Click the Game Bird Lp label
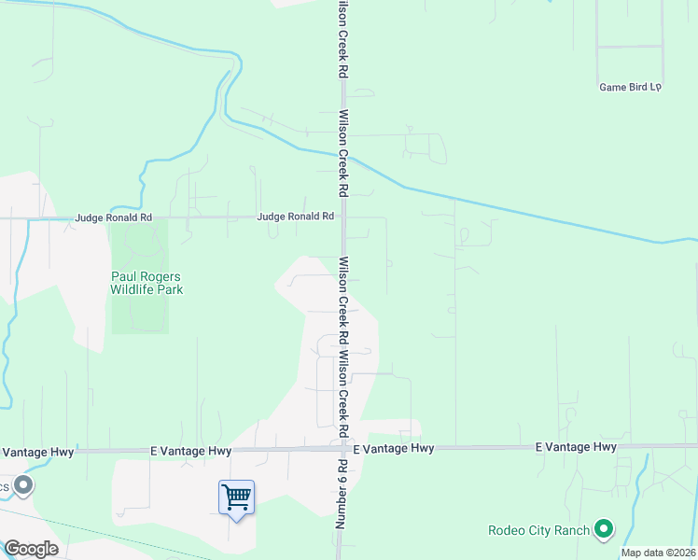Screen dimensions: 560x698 click(x=630, y=87)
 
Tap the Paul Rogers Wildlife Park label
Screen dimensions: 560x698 click(x=147, y=283)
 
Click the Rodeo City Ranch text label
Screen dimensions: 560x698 click(x=539, y=531)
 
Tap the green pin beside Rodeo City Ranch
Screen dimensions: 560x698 click(x=604, y=530)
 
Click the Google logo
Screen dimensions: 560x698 click(x=31, y=549)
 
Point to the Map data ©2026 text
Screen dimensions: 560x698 click(x=657, y=553)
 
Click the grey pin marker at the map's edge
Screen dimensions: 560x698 click(x=23, y=486)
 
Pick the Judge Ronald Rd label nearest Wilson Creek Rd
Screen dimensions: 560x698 click(x=295, y=217)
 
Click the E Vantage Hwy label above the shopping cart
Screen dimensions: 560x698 click(x=190, y=450)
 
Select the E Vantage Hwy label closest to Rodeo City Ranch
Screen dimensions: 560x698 click(x=576, y=448)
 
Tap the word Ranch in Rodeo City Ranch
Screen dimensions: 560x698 click(x=571, y=531)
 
